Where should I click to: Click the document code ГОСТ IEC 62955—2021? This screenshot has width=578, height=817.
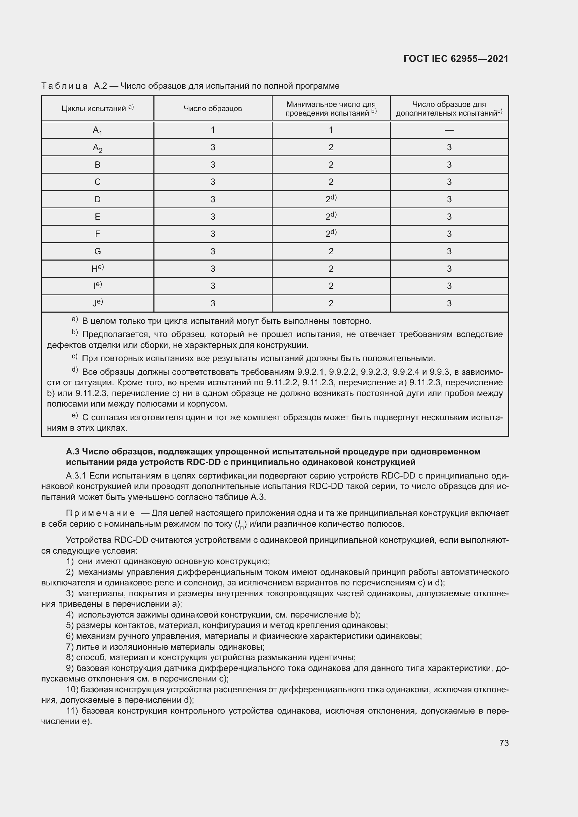(456, 59)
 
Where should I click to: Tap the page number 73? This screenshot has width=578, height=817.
(504, 743)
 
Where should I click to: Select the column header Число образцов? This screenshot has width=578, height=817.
(212, 109)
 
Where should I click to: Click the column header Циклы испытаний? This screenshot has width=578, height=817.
(97, 108)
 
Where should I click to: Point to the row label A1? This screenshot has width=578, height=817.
(97, 131)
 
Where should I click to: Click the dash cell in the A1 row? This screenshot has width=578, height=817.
(449, 130)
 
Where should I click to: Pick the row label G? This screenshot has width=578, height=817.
(97, 251)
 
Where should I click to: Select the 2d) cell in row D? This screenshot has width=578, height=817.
(331, 199)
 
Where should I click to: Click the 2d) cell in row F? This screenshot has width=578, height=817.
(331, 233)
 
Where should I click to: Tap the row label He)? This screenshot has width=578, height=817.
(97, 268)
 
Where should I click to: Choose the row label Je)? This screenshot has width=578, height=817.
(97, 303)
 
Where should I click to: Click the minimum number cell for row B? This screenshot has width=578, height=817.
(331, 165)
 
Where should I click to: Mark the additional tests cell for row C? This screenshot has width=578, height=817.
(449, 182)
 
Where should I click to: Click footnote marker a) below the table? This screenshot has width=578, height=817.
(75, 319)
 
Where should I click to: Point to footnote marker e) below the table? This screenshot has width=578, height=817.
(75, 415)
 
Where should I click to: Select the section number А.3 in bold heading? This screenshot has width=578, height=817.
(73, 452)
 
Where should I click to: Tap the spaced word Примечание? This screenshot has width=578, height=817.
(100, 513)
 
